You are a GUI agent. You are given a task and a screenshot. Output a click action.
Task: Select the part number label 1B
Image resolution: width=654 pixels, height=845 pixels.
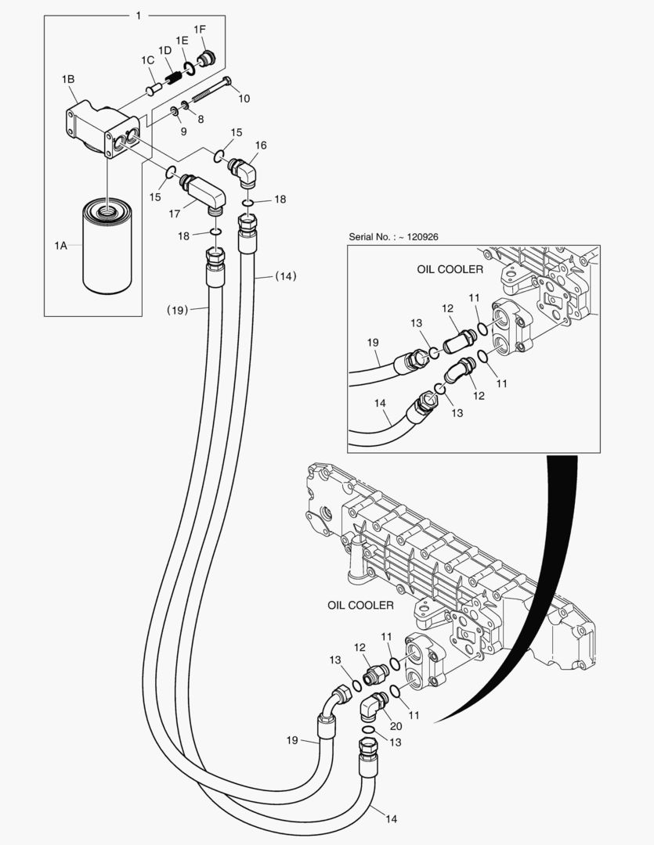point(68,79)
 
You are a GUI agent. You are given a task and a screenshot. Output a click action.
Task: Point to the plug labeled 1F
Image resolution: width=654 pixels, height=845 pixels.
point(208,59)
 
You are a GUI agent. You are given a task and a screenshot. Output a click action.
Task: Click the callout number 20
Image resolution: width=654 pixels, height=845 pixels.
point(374,726)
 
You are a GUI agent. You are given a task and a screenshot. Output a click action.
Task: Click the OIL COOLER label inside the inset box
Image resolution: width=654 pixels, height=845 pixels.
point(450,269)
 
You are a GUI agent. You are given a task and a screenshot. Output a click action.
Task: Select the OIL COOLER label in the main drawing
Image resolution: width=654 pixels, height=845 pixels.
point(360,605)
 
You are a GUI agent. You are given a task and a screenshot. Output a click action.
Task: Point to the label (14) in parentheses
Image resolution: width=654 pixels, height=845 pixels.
point(286,275)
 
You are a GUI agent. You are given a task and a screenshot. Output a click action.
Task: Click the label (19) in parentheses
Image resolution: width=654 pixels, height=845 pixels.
point(178,310)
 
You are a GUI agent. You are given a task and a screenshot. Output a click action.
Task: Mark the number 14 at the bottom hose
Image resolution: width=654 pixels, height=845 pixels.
point(391,818)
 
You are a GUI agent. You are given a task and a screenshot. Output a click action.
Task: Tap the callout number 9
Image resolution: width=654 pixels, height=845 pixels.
point(183,131)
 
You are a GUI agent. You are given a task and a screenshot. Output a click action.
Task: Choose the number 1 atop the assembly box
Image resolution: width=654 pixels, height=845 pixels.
point(138,16)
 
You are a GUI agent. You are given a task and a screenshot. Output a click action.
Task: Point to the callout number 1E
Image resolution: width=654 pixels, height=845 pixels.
point(182,40)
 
